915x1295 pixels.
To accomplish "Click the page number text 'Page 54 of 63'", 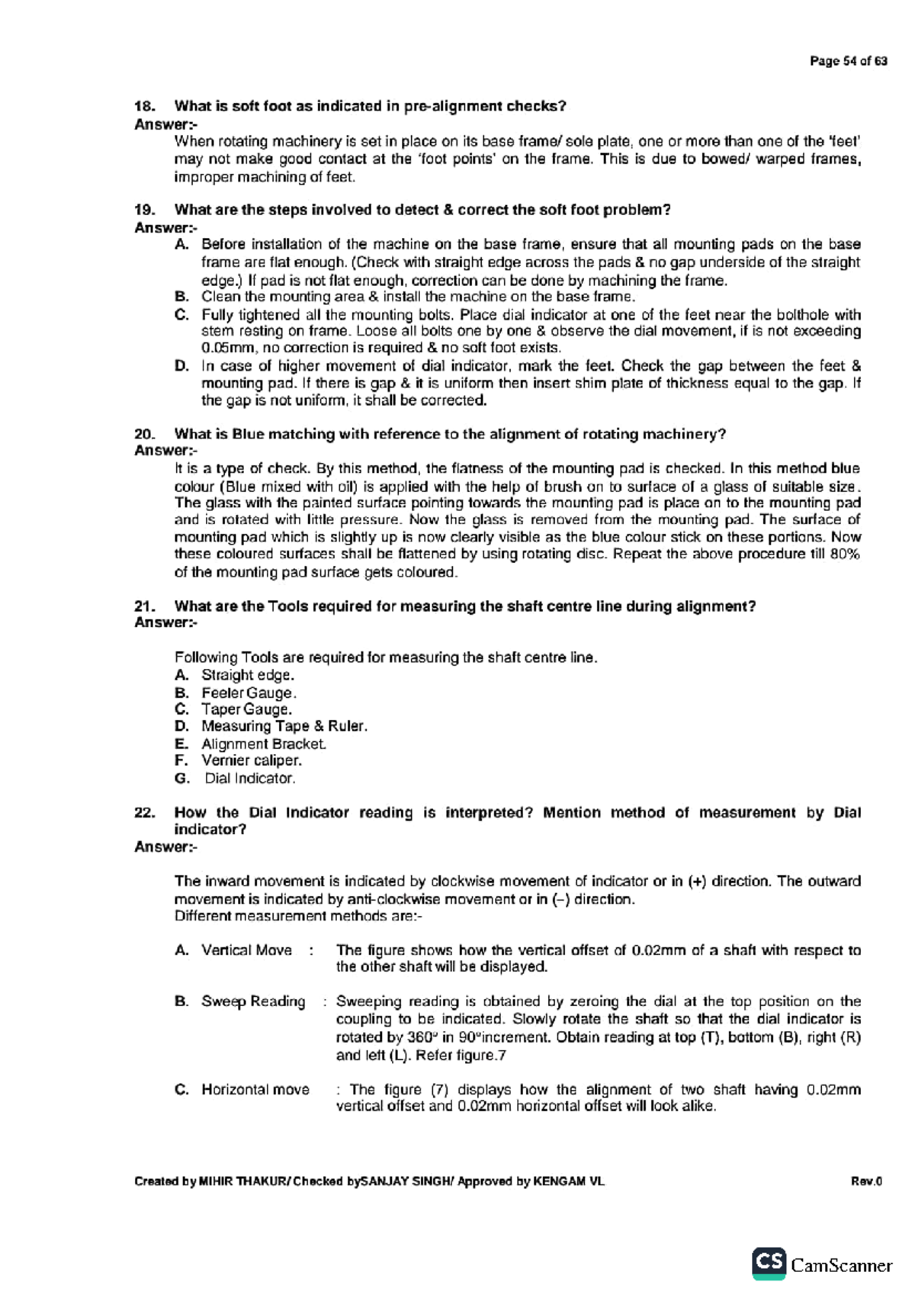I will point(848,61).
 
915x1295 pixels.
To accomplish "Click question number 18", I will point(144,106).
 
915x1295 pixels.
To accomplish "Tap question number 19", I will point(144,210).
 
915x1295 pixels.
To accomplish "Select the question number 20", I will point(144,434).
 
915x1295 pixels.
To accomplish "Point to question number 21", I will point(144,606).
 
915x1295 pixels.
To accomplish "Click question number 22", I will point(144,812).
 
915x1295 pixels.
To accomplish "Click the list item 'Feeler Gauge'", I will point(248,693).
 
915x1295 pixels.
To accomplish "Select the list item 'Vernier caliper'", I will point(251,760).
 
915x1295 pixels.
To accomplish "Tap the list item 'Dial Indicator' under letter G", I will point(249,779).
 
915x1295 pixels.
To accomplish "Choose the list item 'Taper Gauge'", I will point(246,709).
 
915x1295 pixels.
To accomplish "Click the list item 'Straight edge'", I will point(247,675).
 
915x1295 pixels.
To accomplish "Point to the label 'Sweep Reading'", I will point(253,1001).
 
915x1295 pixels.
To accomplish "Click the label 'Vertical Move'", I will point(246,950).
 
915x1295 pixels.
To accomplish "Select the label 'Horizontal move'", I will point(255,1089).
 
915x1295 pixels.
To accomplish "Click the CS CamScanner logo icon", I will point(769,1264).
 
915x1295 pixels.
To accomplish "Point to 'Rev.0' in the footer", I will point(866,1181).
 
